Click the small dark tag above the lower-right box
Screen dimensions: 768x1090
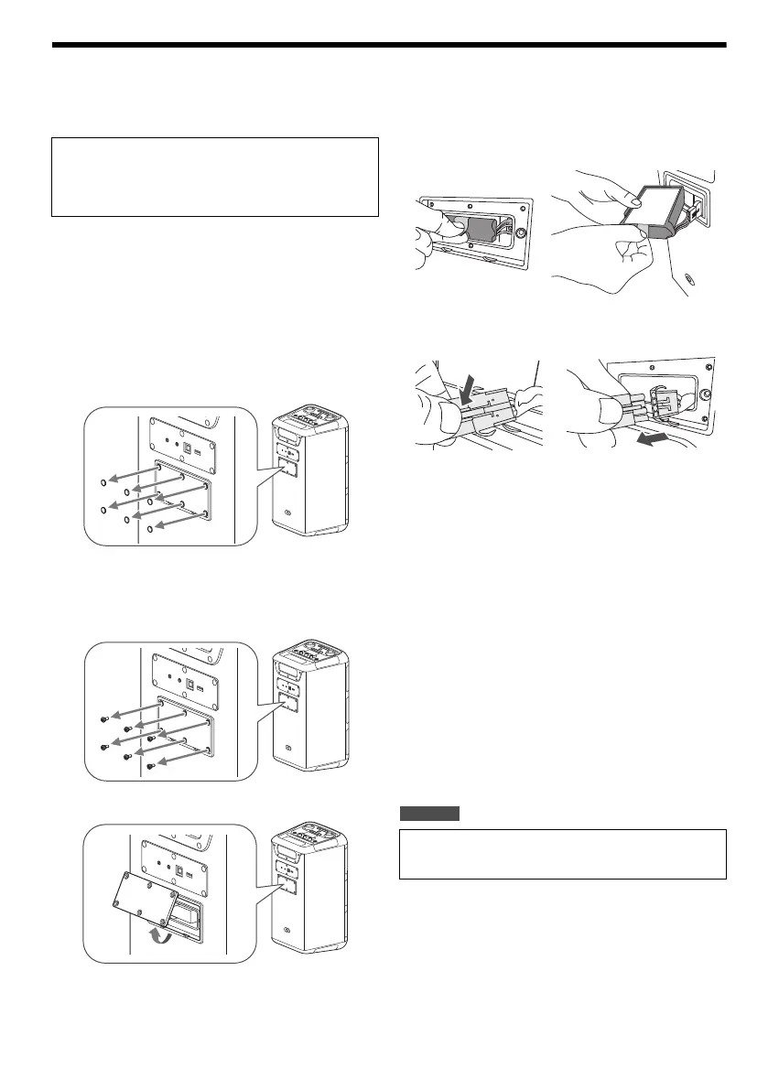point(429,814)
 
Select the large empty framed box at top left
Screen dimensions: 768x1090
point(214,177)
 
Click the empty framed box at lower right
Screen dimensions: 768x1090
point(562,854)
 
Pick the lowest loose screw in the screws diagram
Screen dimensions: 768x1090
point(148,766)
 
